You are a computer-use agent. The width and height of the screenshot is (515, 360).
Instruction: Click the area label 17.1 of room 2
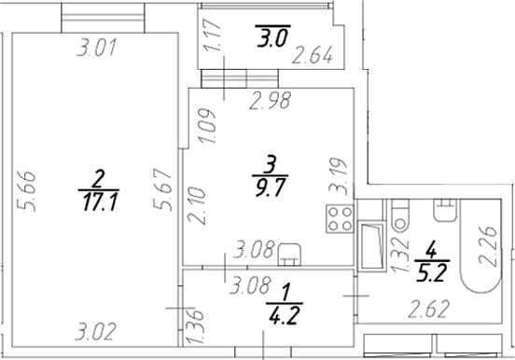coord(100,201)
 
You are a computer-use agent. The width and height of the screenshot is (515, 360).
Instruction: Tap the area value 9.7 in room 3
coord(270,187)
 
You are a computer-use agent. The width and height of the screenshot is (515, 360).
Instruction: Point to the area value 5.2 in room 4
coord(431,272)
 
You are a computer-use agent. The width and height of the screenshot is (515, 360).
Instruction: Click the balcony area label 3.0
coord(272,38)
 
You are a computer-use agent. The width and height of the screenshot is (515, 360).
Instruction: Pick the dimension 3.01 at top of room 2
coord(97,48)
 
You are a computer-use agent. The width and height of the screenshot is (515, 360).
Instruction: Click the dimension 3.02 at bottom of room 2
coord(95,332)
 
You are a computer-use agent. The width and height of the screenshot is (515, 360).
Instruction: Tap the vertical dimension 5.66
coord(27,191)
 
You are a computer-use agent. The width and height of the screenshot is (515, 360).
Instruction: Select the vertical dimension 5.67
coord(162,189)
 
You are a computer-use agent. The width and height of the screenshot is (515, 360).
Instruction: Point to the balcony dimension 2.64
coord(313,55)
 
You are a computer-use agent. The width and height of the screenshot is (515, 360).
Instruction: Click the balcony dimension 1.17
coord(212,35)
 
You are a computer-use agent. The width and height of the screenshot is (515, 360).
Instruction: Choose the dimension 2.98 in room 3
coord(271,101)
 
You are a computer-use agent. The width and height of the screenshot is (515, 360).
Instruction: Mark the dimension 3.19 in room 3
coord(339,176)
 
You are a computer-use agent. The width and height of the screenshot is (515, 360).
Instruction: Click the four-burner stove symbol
coord(340,218)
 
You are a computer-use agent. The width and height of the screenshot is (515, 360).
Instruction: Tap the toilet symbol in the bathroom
coord(400,215)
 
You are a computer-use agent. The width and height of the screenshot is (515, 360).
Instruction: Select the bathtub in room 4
coord(480,245)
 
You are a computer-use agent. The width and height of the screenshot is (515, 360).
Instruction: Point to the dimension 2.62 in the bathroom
coord(428,310)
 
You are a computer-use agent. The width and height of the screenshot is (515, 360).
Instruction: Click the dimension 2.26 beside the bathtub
coord(487,245)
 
